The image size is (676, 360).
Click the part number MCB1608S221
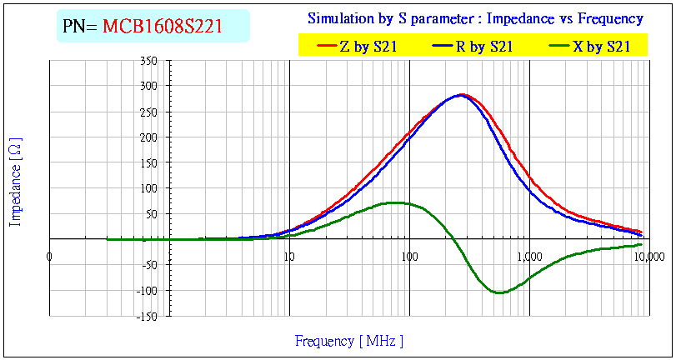(x=162, y=26)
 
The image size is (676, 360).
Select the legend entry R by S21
(x=483, y=47)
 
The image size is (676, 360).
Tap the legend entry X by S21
(x=600, y=47)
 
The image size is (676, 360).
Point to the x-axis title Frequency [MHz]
(x=348, y=341)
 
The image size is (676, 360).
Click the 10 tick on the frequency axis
(x=288, y=255)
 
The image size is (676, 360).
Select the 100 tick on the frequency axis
(x=408, y=255)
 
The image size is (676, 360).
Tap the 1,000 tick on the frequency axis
(x=528, y=255)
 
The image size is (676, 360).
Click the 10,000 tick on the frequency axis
(x=648, y=255)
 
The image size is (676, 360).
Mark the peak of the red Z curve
(x=463, y=94)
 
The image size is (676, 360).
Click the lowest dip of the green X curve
(x=499, y=292)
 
